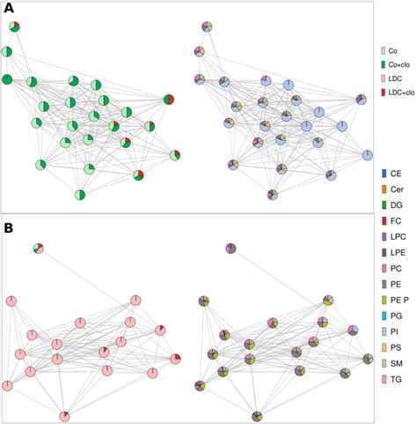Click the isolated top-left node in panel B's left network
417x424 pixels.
tap(39, 249)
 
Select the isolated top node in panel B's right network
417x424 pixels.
tap(230, 249)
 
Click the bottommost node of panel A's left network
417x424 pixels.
tap(80, 195)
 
